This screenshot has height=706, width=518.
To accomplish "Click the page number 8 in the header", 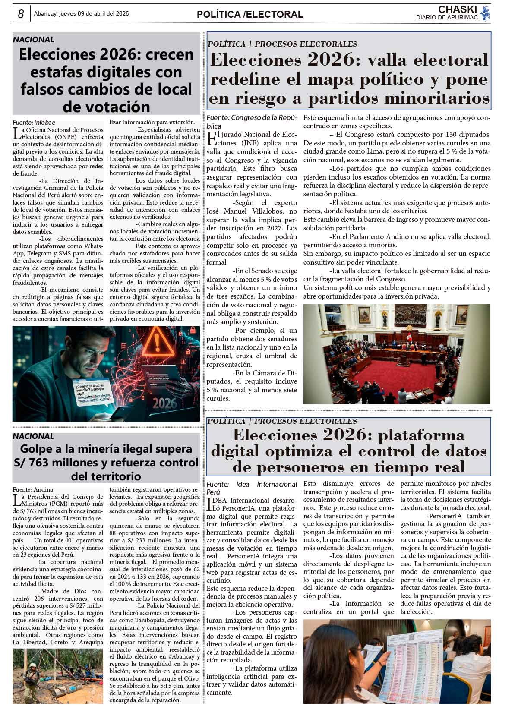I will click(20, 14).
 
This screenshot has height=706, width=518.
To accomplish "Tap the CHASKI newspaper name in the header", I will click(457, 9).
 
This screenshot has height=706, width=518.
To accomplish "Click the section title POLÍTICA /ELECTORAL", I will click(250, 14).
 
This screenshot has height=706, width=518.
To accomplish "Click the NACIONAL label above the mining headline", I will click(33, 436).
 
